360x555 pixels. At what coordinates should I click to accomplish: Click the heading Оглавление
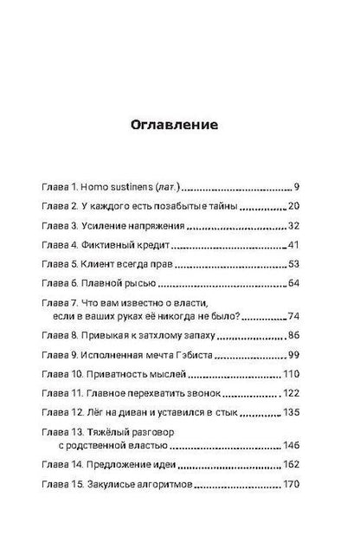pos(180,123)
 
